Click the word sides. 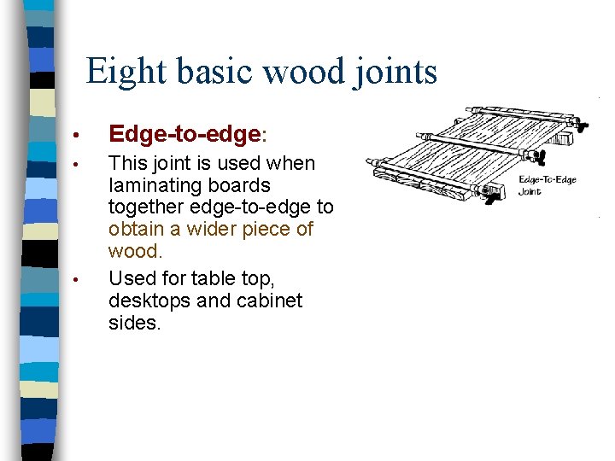134,323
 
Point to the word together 148,207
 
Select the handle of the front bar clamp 492,198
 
